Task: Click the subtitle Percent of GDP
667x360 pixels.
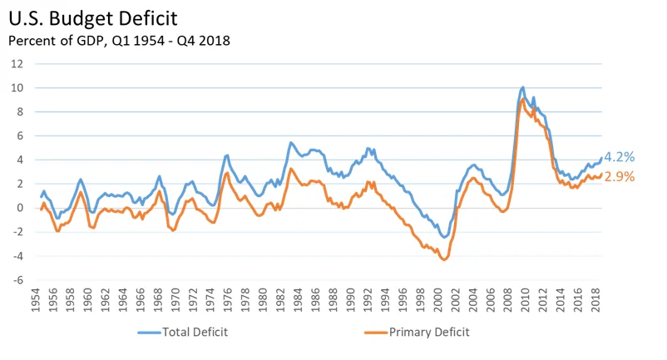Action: point(119,39)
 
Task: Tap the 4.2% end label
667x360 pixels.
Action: point(619,157)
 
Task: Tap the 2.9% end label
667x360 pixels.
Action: point(619,176)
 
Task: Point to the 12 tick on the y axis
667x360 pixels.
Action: point(17,64)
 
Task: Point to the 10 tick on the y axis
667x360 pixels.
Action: point(17,88)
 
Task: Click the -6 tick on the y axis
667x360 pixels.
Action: point(17,281)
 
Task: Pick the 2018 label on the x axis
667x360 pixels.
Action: point(596,303)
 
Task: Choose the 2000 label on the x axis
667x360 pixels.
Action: point(439,303)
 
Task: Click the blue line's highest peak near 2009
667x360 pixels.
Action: point(522,86)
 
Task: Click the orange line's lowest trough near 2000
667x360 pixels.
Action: point(445,259)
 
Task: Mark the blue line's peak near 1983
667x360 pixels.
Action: point(290,142)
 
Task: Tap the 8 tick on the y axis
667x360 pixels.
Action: point(19,112)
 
